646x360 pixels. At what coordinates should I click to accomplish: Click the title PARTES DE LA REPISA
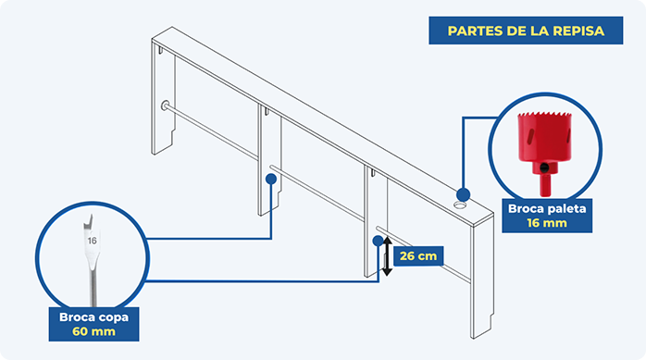526,31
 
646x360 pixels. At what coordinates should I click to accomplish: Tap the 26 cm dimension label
418,255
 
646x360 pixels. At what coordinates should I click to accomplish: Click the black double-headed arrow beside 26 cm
387,255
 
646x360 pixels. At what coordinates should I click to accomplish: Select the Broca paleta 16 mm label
547,216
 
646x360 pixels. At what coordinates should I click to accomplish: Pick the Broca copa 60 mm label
93,324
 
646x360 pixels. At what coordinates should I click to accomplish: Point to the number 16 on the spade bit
92,240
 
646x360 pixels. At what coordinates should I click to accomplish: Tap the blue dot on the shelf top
463,194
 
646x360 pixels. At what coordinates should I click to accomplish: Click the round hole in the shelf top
460,205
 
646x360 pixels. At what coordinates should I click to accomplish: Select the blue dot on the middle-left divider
271,179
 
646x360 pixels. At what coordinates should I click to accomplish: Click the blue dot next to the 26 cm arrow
378,241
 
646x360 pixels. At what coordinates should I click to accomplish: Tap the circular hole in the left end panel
165,106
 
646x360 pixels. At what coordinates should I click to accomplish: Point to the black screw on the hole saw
544,168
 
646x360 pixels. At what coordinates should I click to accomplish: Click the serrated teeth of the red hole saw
544,115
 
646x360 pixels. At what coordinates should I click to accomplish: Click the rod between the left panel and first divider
212,131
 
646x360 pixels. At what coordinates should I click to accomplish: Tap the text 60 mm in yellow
93,331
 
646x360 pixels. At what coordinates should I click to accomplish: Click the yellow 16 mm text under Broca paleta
547,223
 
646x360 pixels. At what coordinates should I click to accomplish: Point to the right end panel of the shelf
481,277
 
